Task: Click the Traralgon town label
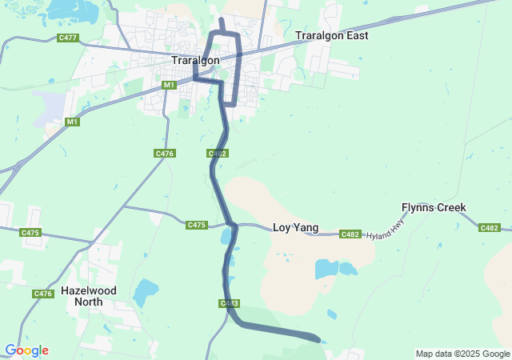click(x=195, y=60)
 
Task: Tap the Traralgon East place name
click(x=331, y=36)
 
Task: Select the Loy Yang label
click(x=296, y=228)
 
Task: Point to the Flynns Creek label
click(x=434, y=208)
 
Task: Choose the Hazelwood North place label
click(x=88, y=296)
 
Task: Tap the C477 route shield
click(x=68, y=38)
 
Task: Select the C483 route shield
click(x=229, y=303)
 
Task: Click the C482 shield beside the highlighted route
click(x=217, y=153)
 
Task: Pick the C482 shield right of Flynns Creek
click(x=490, y=228)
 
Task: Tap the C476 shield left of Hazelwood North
click(x=43, y=294)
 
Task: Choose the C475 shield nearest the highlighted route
click(x=197, y=225)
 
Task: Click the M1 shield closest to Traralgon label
click(x=169, y=85)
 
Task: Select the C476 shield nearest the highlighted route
click(x=165, y=153)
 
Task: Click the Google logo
click(x=26, y=350)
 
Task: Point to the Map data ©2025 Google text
click(x=462, y=354)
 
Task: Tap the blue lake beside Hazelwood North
click(x=145, y=294)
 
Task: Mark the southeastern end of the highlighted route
click(x=318, y=340)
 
